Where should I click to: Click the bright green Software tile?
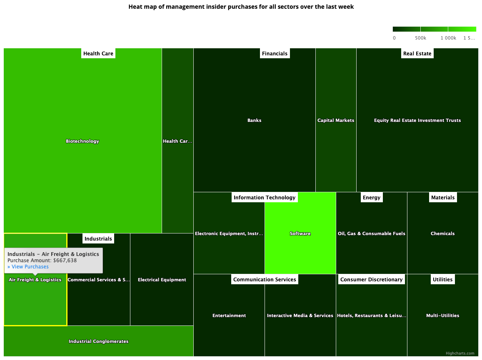[300, 233]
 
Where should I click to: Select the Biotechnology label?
[82, 141]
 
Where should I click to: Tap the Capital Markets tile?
[336, 120]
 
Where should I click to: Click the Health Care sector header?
[98, 53]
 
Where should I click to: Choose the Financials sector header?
[275, 53]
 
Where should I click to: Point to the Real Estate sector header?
[417, 53]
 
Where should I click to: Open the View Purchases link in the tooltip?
[28, 267]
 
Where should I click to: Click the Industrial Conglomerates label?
[99, 341]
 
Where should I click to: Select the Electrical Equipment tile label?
[162, 280]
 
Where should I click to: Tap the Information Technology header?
[265, 197]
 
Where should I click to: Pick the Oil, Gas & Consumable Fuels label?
[372, 233]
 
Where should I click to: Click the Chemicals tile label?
[442, 233]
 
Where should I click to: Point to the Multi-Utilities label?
[442, 315]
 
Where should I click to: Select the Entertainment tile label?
[229, 315]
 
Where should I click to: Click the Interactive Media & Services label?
[300, 315]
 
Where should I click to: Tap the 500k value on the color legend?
[420, 38]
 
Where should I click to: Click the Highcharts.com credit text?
[460, 353]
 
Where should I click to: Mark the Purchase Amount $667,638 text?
[42, 261]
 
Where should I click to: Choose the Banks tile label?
[254, 120]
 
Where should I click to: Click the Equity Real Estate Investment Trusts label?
[417, 120]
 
